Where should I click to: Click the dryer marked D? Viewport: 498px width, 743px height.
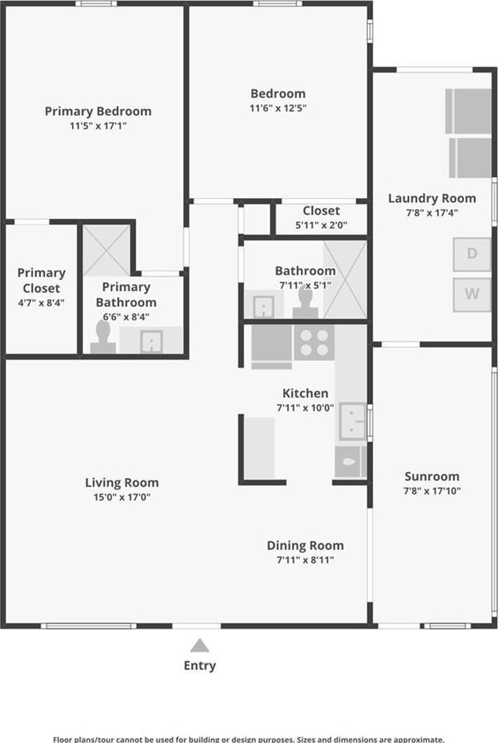point(471,254)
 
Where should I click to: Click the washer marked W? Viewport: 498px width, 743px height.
point(471,294)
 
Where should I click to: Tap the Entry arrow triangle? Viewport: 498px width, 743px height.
point(200,645)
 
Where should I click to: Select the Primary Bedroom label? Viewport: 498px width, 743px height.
point(98,111)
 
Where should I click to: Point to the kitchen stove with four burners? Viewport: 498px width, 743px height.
point(314,342)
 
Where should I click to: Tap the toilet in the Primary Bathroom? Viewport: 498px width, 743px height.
point(103,338)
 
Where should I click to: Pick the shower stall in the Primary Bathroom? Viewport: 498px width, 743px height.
point(107,250)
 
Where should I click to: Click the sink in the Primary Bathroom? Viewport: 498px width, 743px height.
point(152,342)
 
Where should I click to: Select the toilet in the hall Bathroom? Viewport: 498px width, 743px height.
point(305,303)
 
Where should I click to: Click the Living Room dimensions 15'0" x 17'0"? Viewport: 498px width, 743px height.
point(122,497)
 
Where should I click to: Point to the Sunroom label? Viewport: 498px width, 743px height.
point(432,476)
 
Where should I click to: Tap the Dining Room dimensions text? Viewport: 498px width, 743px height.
point(305,560)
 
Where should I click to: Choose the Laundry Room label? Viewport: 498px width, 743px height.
point(432,199)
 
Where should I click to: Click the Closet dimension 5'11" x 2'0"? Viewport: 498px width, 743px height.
point(321,225)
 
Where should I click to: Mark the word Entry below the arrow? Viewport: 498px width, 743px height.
point(200,666)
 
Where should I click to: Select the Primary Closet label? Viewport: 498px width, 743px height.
point(41,281)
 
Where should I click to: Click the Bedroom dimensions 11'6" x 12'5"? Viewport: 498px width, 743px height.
point(278,108)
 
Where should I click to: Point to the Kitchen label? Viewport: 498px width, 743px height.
point(305,393)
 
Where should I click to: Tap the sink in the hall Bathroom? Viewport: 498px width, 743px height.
point(264,307)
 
